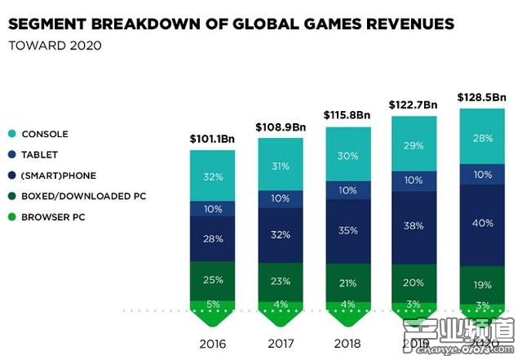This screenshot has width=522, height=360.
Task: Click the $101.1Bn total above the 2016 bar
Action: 213,138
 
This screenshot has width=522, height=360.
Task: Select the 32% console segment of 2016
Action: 213,176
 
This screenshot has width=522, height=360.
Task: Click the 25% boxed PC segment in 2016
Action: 213,280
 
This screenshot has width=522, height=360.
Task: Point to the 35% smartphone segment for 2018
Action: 347,230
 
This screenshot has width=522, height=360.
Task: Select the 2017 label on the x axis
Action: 280,342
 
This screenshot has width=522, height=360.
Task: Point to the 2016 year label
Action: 213,342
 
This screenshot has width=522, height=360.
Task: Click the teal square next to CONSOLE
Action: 14,134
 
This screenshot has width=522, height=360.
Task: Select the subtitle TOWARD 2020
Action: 55,46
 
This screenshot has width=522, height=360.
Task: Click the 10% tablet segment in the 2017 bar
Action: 280,199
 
